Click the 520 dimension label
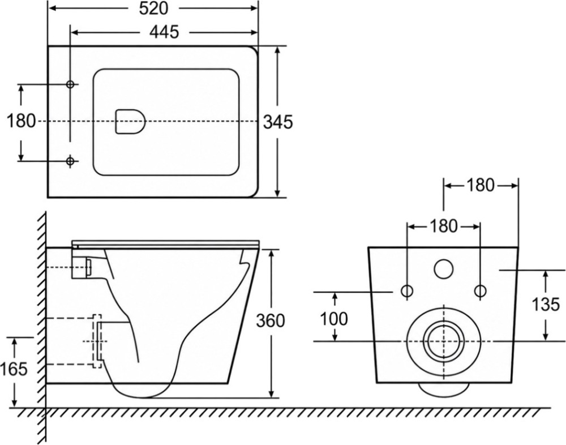[x=154, y=8]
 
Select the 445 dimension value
[x=164, y=32]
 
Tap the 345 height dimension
[x=278, y=122]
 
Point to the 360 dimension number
[x=271, y=320]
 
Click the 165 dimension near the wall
[x=14, y=369]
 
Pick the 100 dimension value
[x=335, y=319]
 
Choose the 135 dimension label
[x=546, y=305]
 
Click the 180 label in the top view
[x=22, y=121]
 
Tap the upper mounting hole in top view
[x=70, y=84]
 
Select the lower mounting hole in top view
[x=70, y=160]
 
